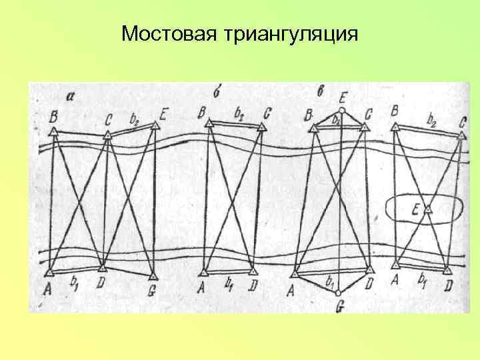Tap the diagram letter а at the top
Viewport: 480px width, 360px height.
(71, 96)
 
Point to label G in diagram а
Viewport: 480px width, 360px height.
(152, 290)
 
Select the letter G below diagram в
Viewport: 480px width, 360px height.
(339, 306)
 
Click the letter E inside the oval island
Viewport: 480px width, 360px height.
(415, 209)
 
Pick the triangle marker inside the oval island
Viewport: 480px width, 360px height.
(428, 209)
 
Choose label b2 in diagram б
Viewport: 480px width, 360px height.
(239, 113)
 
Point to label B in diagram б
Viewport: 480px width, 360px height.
(202, 111)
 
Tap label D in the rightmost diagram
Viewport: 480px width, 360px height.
(449, 285)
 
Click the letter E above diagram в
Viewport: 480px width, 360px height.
(342, 95)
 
